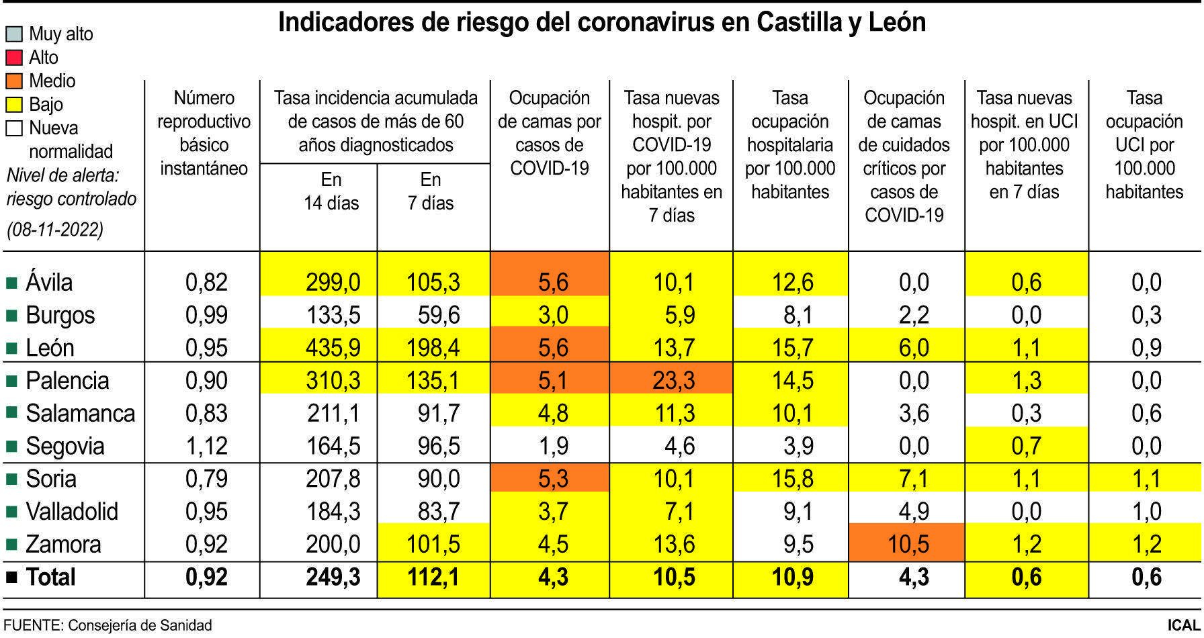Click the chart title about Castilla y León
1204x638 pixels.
601,23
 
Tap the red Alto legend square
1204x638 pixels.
14,58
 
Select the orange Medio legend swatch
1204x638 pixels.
14,81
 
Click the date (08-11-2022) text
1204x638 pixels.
55,230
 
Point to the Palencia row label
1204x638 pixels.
67,381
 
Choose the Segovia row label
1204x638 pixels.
64,446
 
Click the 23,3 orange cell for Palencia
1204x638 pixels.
673,381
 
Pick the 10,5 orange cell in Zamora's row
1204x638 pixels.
908,544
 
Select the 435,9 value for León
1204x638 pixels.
333,348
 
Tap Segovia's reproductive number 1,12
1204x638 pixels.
206,446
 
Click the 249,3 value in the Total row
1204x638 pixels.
333,577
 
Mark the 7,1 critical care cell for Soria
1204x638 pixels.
913,479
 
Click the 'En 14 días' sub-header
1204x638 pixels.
331,191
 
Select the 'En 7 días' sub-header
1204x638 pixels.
431,191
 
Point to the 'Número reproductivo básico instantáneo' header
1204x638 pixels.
204,133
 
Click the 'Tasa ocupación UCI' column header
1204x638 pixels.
1144,144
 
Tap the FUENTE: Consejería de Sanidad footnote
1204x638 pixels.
107,625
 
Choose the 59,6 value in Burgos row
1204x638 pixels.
438,316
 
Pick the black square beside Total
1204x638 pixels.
11,577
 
